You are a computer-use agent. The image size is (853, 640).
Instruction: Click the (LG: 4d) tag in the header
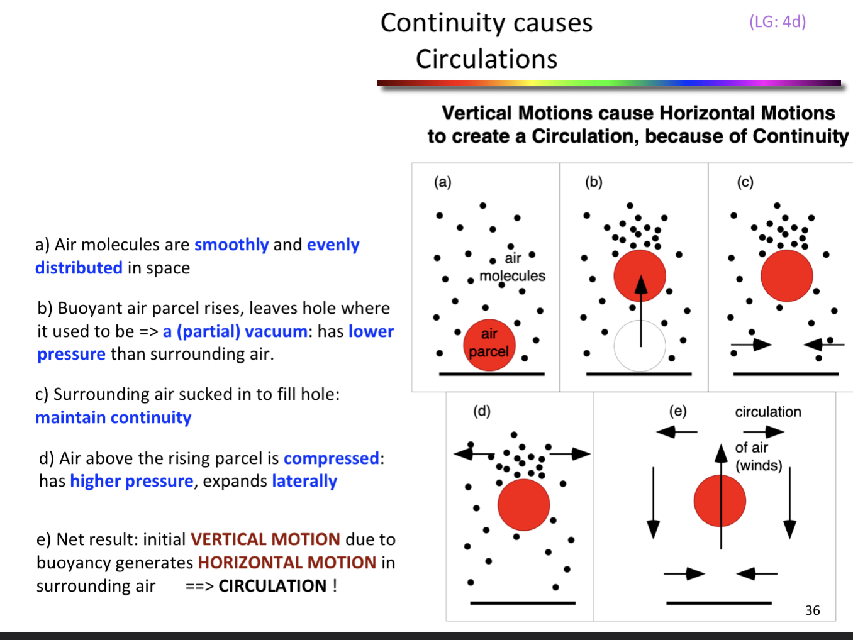[778, 22]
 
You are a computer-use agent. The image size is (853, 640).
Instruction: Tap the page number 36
[812, 610]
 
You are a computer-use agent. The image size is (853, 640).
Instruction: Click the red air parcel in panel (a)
[489, 345]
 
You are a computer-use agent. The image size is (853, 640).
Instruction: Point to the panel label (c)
[745, 182]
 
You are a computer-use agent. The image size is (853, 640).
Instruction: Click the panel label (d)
[481, 411]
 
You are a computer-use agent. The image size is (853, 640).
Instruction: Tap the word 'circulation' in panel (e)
[768, 412]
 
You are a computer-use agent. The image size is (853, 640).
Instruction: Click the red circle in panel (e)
[720, 501]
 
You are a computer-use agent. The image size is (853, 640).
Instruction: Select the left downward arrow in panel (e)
[654, 502]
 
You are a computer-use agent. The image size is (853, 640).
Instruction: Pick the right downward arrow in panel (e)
[790, 502]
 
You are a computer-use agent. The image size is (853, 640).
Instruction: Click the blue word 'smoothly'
[231, 245]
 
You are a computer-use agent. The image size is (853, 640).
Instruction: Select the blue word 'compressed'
[332, 458]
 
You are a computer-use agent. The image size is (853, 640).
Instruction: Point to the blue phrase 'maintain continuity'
[113, 417]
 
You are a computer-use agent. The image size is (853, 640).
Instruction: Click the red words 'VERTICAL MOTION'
[265, 539]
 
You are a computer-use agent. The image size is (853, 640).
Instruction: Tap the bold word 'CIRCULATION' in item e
[272, 586]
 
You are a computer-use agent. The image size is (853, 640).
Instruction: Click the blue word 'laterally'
[304, 481]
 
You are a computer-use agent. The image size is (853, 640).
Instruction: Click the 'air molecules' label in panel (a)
[512, 267]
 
